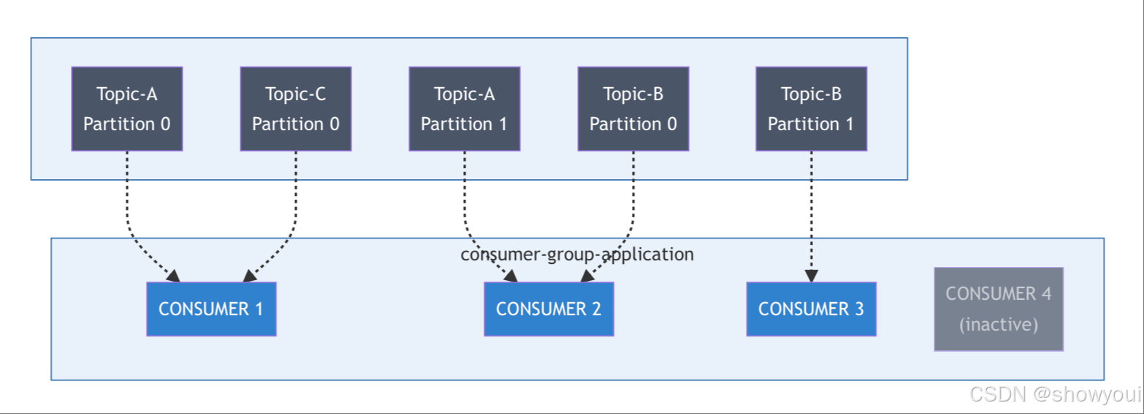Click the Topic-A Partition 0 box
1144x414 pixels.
pyautogui.click(x=126, y=109)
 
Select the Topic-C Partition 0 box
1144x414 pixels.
pyautogui.click(x=295, y=109)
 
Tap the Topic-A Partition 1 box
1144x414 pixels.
pyautogui.click(x=464, y=109)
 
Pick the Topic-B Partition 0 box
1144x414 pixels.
pyautogui.click(x=633, y=109)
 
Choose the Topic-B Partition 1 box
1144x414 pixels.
pyautogui.click(x=811, y=109)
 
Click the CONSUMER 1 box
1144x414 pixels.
pyautogui.click(x=211, y=309)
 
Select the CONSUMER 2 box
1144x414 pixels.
pyautogui.click(x=549, y=309)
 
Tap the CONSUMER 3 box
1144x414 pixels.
pyautogui.click(x=811, y=309)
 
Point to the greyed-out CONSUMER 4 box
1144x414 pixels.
pyautogui.click(x=999, y=309)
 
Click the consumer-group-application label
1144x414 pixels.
pyautogui.click(x=577, y=255)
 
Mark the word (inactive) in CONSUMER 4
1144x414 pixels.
pyautogui.click(x=999, y=324)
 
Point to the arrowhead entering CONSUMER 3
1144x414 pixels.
pyautogui.click(x=811, y=276)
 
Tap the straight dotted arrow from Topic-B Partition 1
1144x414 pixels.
pyautogui.click(x=811, y=212)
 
